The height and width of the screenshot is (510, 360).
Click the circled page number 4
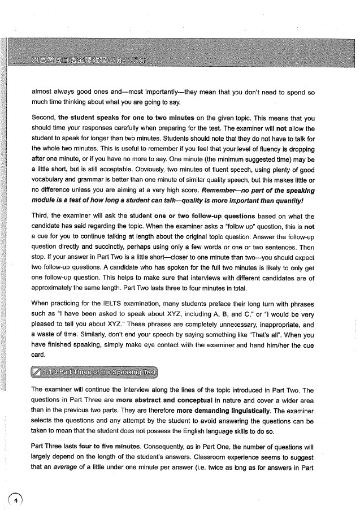(17, 500)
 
